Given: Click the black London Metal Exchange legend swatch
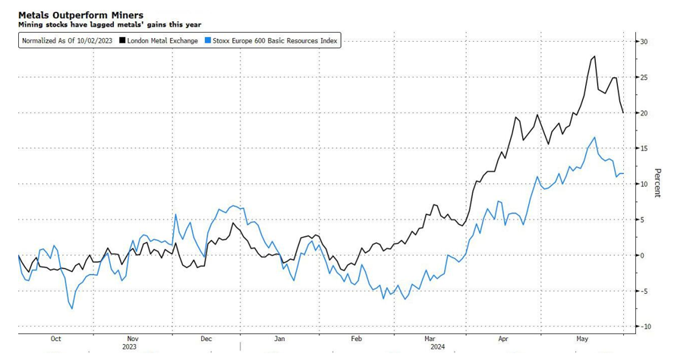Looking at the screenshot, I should pyautogui.click(x=122, y=40).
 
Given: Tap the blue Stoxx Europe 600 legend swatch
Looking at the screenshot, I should pyautogui.click(x=208, y=40).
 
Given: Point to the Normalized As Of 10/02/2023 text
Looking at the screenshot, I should pyautogui.click(x=68, y=40).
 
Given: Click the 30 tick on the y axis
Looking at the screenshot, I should pyautogui.click(x=642, y=42).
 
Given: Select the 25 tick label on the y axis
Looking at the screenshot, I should pyautogui.click(x=642, y=77).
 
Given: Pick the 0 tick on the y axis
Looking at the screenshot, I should pyautogui.click(x=642, y=255).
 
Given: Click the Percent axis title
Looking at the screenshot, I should pyautogui.click(x=657, y=183).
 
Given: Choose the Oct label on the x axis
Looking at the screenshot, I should pyautogui.click(x=55, y=339).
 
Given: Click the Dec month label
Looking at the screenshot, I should pyautogui.click(x=206, y=339).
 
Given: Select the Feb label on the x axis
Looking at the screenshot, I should pyautogui.click(x=356, y=339).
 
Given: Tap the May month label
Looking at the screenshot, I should pyautogui.click(x=583, y=339).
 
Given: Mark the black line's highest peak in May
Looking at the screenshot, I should pyautogui.click(x=594, y=56).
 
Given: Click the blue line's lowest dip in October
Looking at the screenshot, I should pyautogui.click(x=71, y=308).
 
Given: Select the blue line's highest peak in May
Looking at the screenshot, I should pyautogui.click(x=594, y=137).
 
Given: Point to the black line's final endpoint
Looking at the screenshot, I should pyautogui.click(x=624, y=113).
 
